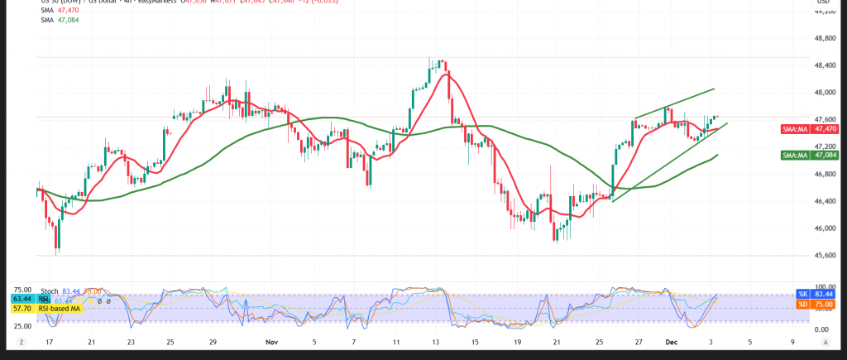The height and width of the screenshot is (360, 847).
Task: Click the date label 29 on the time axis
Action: tap(213, 340)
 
